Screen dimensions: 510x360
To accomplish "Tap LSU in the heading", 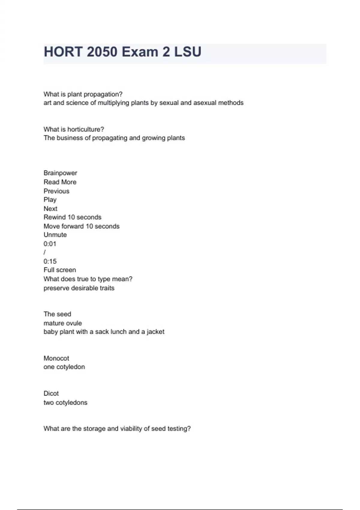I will [188, 52].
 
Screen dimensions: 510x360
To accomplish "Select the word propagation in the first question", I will [103, 94].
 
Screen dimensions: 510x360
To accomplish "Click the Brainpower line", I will [60, 173].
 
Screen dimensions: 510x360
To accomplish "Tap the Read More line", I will [60, 182].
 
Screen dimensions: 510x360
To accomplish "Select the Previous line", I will [56, 191].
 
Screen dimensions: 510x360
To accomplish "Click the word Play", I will [50, 200].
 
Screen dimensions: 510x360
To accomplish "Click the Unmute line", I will [55, 235].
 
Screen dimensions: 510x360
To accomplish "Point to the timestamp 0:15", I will [50, 261].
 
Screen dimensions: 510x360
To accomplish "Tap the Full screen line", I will [60, 270].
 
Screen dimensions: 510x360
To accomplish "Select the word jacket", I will [155, 332].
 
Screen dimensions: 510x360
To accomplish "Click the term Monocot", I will [56, 358].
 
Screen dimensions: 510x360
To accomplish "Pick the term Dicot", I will [51, 393].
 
